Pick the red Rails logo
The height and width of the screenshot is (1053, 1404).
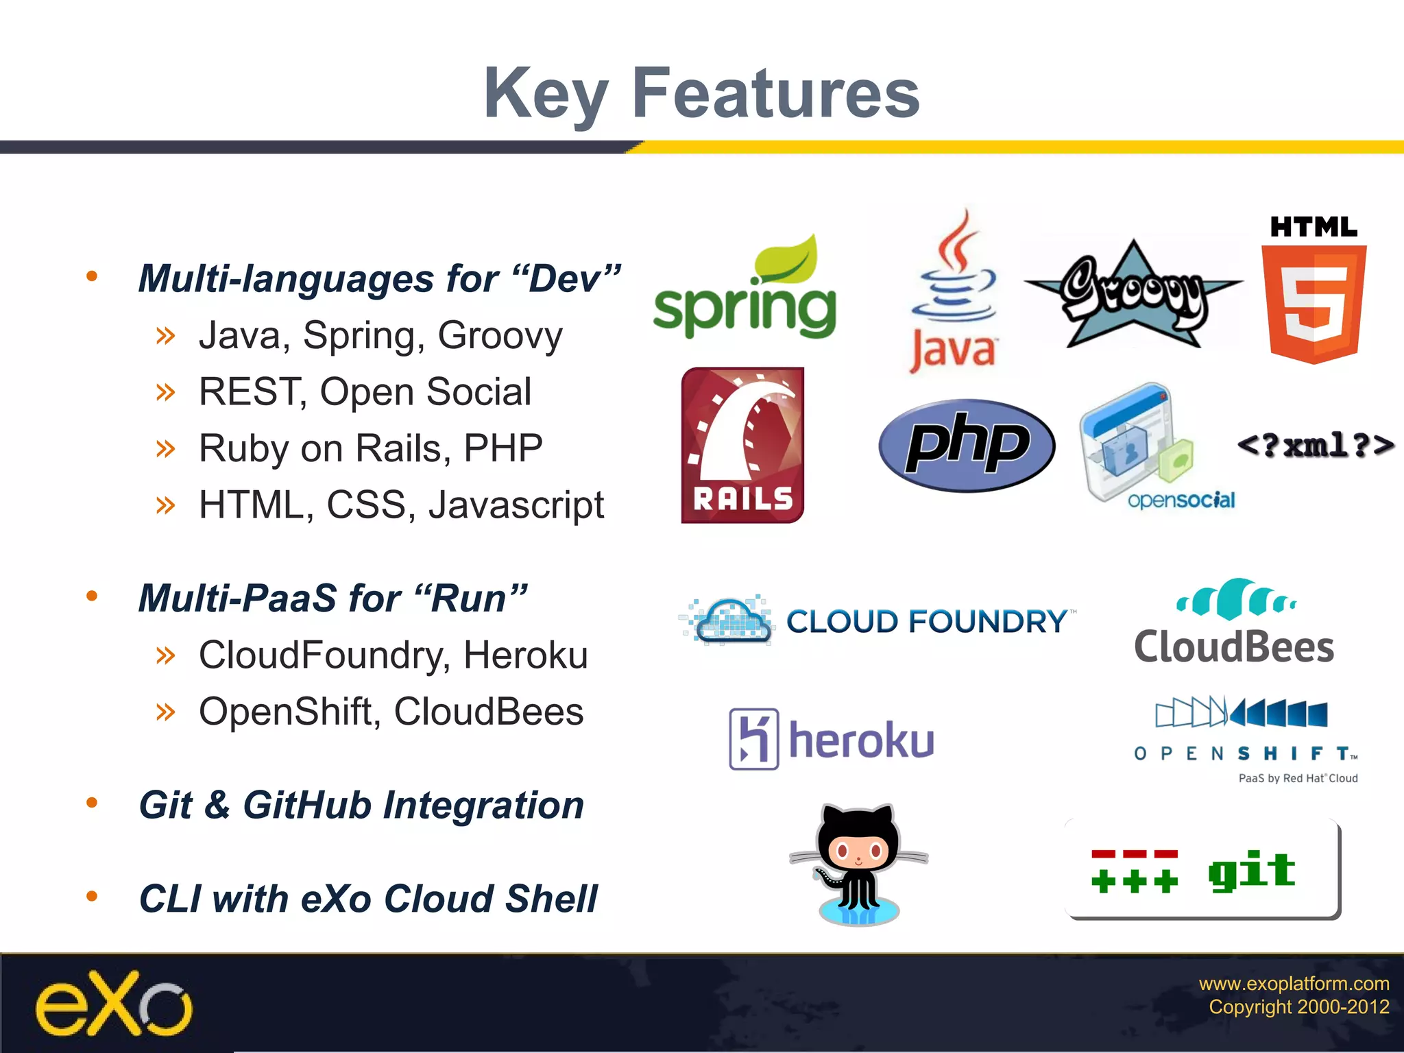pos(742,445)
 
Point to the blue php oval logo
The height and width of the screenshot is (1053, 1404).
pos(967,446)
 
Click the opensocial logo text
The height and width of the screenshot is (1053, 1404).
pos(1181,500)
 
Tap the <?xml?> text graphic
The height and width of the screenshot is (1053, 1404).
pos(1315,446)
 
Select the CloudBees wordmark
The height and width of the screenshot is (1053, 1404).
pos(1234,647)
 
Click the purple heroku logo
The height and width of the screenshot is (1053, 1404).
pos(831,739)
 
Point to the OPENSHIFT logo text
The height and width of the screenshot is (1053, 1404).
pos(1244,753)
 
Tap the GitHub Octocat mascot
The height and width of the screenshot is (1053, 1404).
pos(858,864)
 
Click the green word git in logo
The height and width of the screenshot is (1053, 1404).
pos(1251,871)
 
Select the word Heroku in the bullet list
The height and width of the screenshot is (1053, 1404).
pos(525,655)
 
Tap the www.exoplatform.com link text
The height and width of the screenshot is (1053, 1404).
pos(1293,983)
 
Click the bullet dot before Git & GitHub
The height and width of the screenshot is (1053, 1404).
pos(92,803)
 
